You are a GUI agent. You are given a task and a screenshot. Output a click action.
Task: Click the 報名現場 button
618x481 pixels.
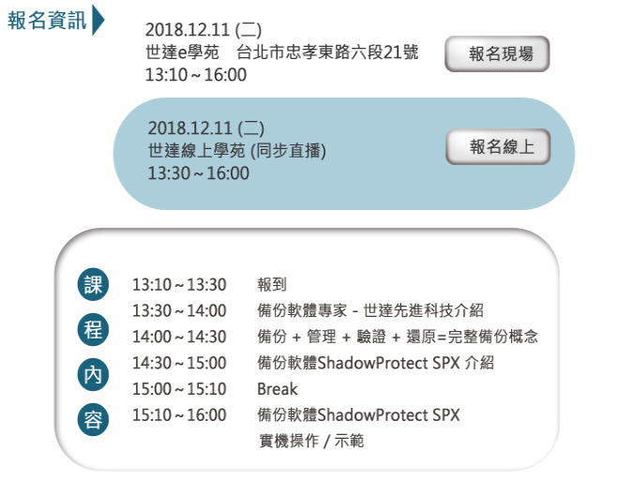[x=497, y=54]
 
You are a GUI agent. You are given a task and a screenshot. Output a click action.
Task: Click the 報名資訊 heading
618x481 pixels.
[x=47, y=20]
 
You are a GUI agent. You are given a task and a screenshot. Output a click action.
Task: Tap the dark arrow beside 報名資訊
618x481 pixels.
[x=98, y=20]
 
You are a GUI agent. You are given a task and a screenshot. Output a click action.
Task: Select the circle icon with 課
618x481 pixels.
[x=93, y=284]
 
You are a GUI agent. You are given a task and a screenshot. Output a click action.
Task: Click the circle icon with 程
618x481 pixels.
[x=93, y=329]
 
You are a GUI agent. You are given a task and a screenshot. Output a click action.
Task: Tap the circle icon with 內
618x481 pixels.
[x=93, y=375]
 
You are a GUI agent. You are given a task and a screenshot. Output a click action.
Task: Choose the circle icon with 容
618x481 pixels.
[x=93, y=419]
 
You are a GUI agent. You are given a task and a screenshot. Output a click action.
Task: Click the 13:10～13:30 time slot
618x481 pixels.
[x=179, y=285]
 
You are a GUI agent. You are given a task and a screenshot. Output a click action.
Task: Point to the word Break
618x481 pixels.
[x=278, y=389]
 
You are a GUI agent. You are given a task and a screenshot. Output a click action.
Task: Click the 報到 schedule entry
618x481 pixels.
[x=272, y=284]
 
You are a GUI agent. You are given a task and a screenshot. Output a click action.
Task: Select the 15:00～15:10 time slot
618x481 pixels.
[x=179, y=389]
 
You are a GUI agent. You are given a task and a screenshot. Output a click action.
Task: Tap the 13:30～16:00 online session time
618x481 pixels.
[x=199, y=173]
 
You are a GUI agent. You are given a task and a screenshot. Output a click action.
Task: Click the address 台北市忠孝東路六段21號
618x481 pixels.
[x=327, y=52]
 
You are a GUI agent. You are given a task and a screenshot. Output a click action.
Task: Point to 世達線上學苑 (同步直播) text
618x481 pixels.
[x=237, y=150]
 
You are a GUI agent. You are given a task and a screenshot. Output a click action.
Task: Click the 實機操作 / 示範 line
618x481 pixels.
[x=311, y=441]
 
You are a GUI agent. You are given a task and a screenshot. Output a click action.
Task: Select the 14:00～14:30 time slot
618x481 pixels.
[x=179, y=337]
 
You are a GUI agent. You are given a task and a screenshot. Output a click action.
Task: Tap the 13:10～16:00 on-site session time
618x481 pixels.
[x=196, y=75]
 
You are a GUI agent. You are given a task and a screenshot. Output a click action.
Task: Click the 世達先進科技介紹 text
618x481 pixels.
[x=423, y=310]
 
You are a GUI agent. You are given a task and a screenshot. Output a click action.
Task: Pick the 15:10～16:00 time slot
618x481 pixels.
[x=179, y=415]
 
